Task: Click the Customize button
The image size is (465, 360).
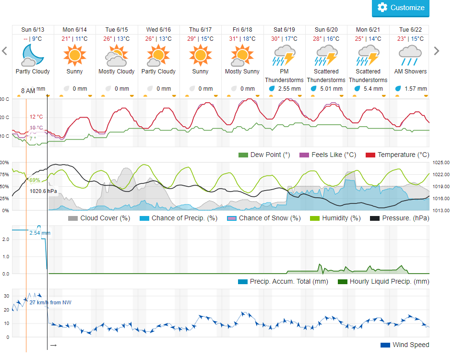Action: click(x=401, y=8)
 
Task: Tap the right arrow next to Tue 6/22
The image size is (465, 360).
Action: click(x=436, y=50)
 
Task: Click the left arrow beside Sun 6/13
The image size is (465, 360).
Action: click(x=5, y=50)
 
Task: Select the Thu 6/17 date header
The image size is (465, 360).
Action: click(x=200, y=30)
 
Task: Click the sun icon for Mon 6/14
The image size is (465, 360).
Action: click(x=74, y=55)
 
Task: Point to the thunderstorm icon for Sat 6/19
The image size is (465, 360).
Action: click(x=284, y=55)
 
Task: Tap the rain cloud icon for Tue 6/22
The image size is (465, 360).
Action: click(x=410, y=55)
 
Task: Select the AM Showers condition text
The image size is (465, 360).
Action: click(x=410, y=72)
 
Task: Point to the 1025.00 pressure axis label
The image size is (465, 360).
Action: click(x=440, y=163)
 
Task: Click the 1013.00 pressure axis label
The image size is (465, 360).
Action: click(x=440, y=210)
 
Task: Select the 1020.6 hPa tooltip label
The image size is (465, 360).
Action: click(x=43, y=191)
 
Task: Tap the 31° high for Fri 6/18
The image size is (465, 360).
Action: click(x=233, y=39)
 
